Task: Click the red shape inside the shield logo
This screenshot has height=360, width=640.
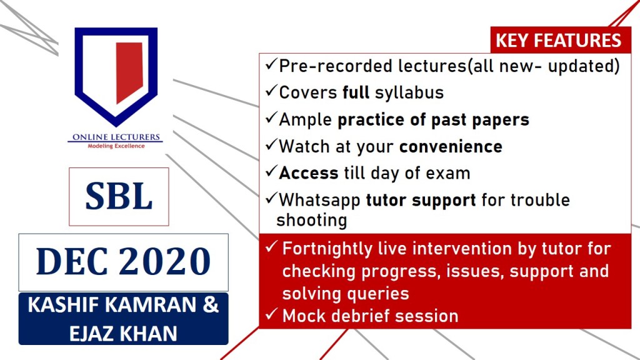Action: (129, 72)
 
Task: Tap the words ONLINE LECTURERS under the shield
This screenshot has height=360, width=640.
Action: (116, 137)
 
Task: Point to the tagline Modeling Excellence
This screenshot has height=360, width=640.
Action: (116, 146)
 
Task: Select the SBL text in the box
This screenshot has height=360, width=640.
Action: (119, 196)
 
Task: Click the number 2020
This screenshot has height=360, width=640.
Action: (165, 261)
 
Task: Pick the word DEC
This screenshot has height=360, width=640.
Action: (72, 261)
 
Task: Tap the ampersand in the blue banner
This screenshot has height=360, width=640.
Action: (211, 305)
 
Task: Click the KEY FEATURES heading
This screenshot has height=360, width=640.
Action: (558, 41)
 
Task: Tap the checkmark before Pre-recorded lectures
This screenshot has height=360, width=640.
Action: (271, 64)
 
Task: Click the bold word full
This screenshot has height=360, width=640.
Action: (356, 92)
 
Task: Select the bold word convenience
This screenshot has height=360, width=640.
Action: (451, 146)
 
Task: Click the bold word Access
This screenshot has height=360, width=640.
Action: (309, 173)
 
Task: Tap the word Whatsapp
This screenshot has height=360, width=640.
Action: (319, 201)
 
